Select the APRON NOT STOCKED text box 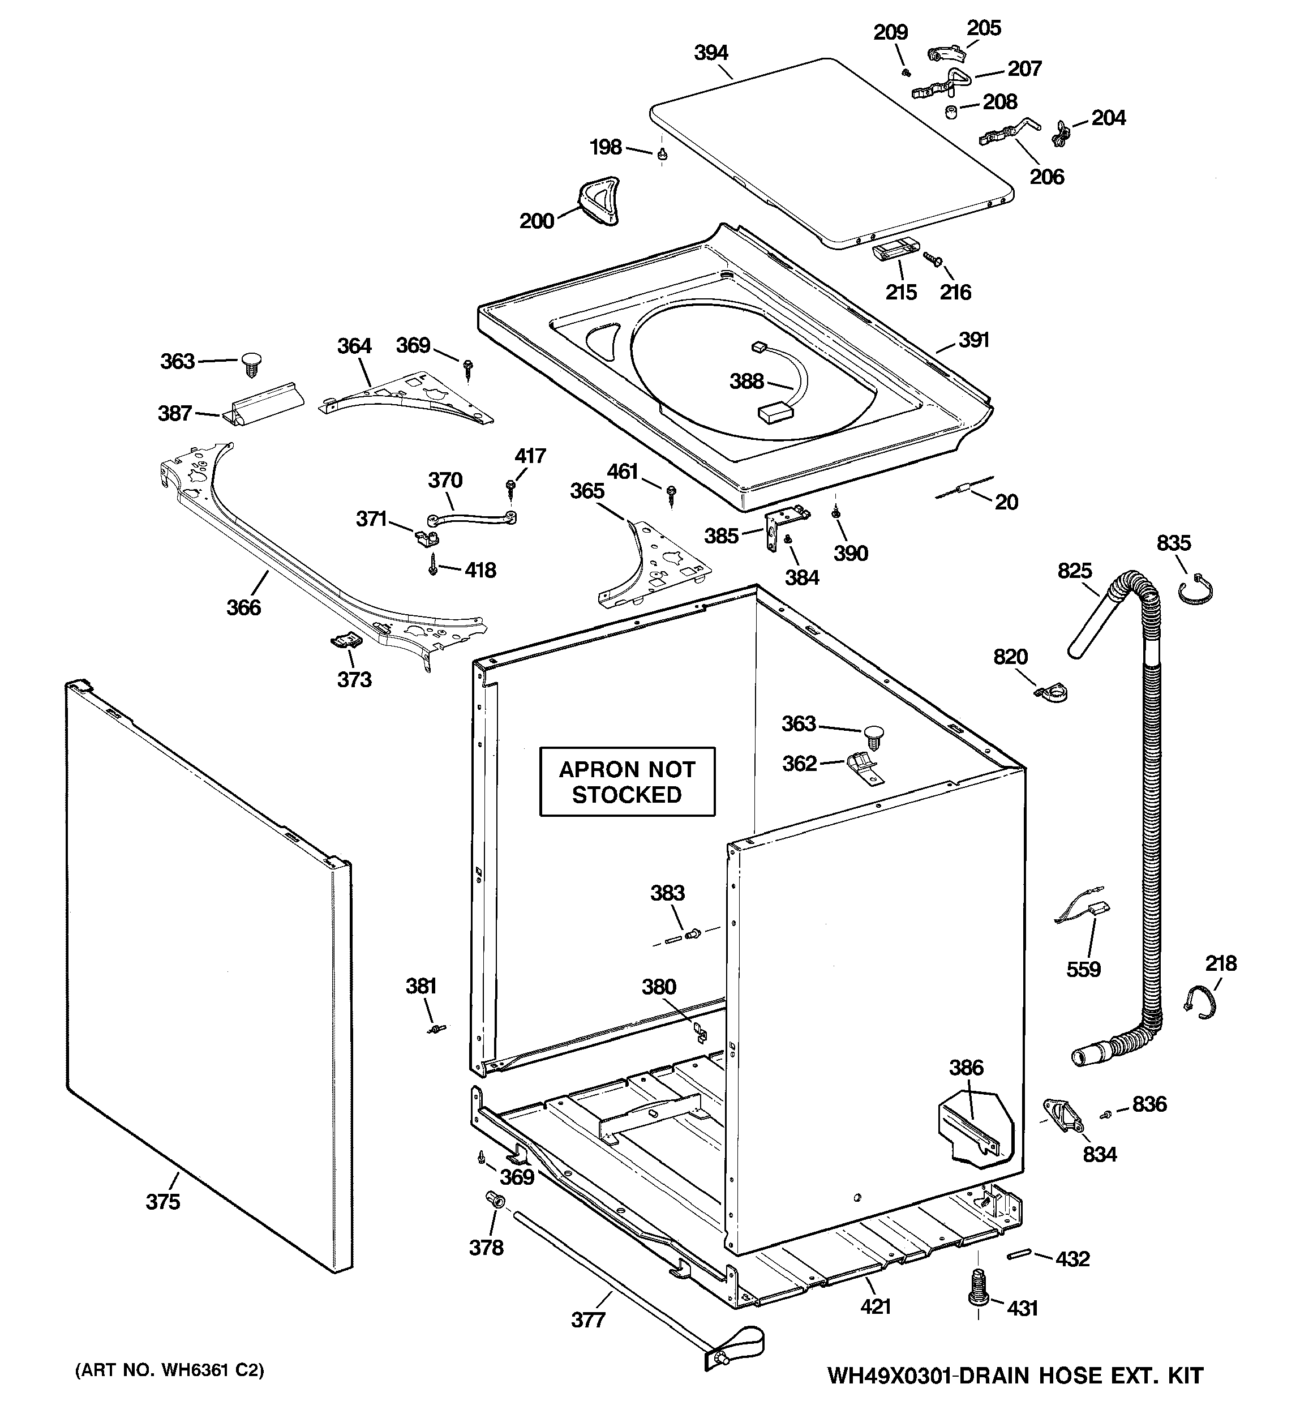coord(627,782)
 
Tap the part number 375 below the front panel coord(163,1202)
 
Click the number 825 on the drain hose coord(1074,570)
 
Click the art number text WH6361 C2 coord(170,1370)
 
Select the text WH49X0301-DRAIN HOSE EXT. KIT coord(1015,1375)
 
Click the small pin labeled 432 coord(1020,1254)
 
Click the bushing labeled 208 coord(950,112)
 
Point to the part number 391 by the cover coord(974,340)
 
